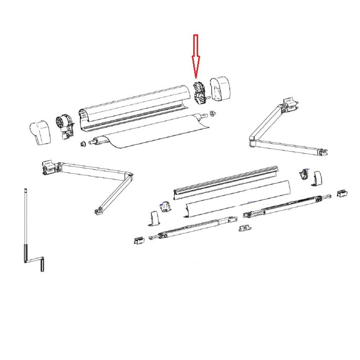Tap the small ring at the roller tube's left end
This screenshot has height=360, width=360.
tap(82, 144)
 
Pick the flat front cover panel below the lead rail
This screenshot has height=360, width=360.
tap(238, 198)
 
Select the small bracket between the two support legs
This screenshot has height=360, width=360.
tap(244, 228)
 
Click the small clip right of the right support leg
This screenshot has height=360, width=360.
tap(342, 193)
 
